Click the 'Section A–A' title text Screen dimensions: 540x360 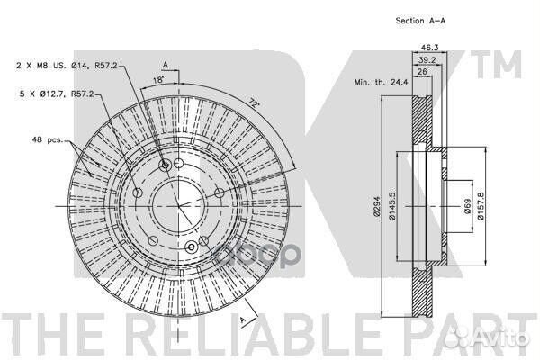point(420,21)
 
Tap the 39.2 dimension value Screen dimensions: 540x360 point(427,60)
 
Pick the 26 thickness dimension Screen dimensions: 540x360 point(422,72)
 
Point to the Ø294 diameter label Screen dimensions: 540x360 point(376,206)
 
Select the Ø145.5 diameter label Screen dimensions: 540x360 point(392,206)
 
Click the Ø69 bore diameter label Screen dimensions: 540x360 point(467,206)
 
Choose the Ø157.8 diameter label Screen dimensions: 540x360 point(481,206)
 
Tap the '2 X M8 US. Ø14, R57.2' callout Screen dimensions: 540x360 point(67,65)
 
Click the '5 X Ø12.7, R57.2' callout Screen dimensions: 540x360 point(57,94)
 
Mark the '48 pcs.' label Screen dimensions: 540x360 point(48,139)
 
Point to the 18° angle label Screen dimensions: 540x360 point(158,80)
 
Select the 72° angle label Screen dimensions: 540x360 point(254,103)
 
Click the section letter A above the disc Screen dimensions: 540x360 point(166,65)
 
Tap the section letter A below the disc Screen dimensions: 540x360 point(243,319)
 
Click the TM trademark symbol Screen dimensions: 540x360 point(496,64)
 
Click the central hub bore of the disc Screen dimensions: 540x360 point(179,206)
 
